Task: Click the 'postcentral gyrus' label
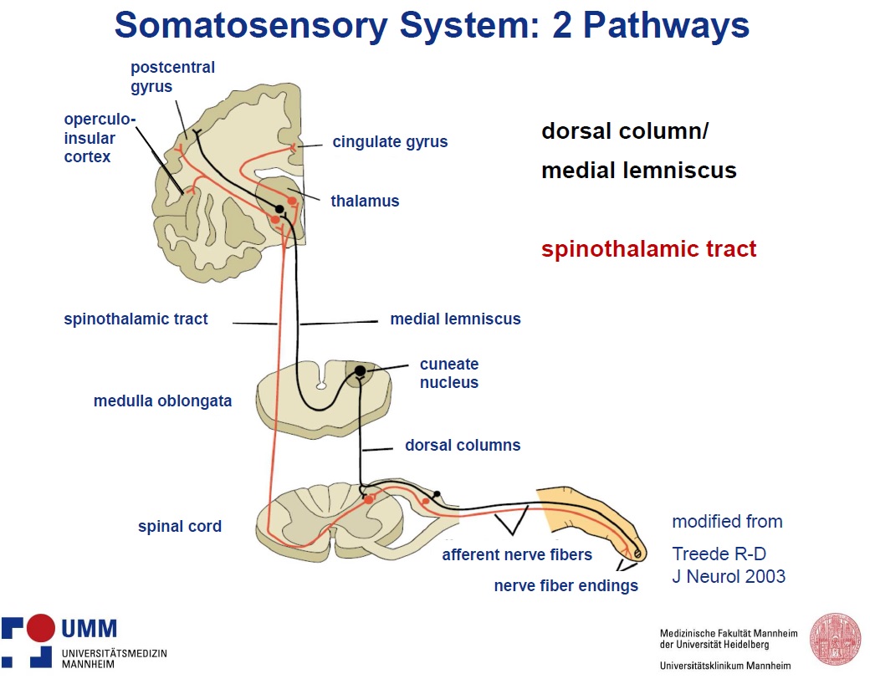(x=172, y=77)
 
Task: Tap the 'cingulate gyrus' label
(x=390, y=142)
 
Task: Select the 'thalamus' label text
(x=365, y=201)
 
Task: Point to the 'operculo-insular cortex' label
(x=100, y=138)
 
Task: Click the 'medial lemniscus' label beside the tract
(x=455, y=319)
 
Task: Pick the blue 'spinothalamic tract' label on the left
(x=136, y=319)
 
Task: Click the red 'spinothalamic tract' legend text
(x=648, y=249)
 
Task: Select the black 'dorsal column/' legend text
(x=625, y=131)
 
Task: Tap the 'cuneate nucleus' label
(x=449, y=373)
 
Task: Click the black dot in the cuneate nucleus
(x=360, y=370)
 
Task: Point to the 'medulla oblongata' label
(x=162, y=401)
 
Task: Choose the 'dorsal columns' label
(x=463, y=445)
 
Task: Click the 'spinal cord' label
(x=180, y=526)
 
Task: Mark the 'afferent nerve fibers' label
(x=517, y=554)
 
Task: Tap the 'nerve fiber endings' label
(x=566, y=585)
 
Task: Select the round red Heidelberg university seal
(x=836, y=639)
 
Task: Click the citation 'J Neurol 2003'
(x=729, y=576)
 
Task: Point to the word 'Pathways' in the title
(x=667, y=26)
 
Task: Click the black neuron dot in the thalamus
(x=279, y=209)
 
